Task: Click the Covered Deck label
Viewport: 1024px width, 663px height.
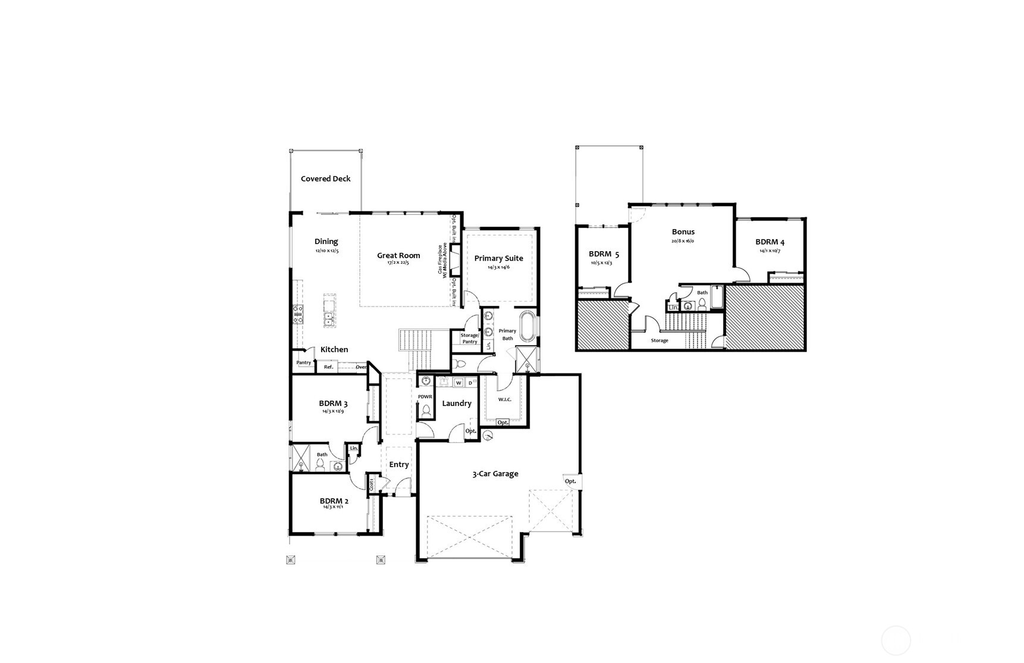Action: click(325, 179)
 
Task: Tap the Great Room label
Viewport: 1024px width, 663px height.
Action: click(398, 255)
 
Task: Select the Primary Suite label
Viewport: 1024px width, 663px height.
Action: click(498, 258)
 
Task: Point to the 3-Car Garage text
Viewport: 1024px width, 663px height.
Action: click(495, 474)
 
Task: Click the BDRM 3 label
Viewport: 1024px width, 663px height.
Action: click(333, 404)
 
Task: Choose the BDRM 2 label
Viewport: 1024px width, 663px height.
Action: click(334, 501)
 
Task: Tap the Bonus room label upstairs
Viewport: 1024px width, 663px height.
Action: click(683, 232)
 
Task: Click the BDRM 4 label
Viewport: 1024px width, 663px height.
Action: click(769, 242)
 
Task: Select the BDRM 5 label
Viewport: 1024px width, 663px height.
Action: click(604, 254)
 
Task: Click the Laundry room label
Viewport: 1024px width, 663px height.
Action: click(457, 403)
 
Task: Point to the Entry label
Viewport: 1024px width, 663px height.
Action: click(398, 464)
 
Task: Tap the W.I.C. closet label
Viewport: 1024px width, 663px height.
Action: click(504, 399)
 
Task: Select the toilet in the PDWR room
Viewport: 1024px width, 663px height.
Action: click(425, 411)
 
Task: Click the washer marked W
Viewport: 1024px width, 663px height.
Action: click(458, 383)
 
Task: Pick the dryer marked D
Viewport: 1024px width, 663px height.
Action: click(470, 383)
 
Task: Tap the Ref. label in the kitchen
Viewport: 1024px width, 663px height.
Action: click(328, 367)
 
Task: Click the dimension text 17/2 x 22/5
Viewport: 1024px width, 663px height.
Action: click(398, 262)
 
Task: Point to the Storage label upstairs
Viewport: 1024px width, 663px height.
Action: click(659, 340)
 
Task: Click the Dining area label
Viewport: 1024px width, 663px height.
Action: click(326, 241)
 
